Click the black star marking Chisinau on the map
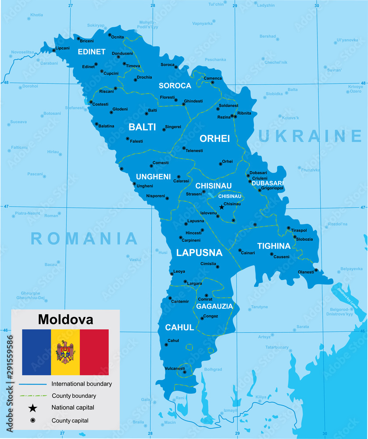pyautogui.click(x=222, y=207)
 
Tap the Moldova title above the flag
pyautogui.click(x=65, y=319)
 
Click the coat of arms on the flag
pyautogui.click(x=65, y=352)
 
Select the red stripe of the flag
pyautogui.click(x=94, y=352)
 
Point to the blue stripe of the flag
pyautogui.click(x=36, y=352)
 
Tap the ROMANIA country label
pyautogui.click(x=84, y=238)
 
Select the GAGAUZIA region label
pyautogui.click(x=214, y=306)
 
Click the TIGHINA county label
pyautogui.click(x=274, y=246)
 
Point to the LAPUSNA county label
pyautogui.click(x=199, y=253)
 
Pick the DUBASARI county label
pyautogui.click(x=268, y=183)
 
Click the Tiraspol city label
pyautogui.click(x=299, y=230)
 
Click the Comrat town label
pyautogui.click(x=205, y=299)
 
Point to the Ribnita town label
pyautogui.click(x=244, y=113)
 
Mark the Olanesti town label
pyautogui.click(x=306, y=272)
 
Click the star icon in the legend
pyautogui.click(x=32, y=408)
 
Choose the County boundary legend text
pyautogui.click(x=74, y=396)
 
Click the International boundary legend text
pyautogui.click(x=82, y=384)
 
